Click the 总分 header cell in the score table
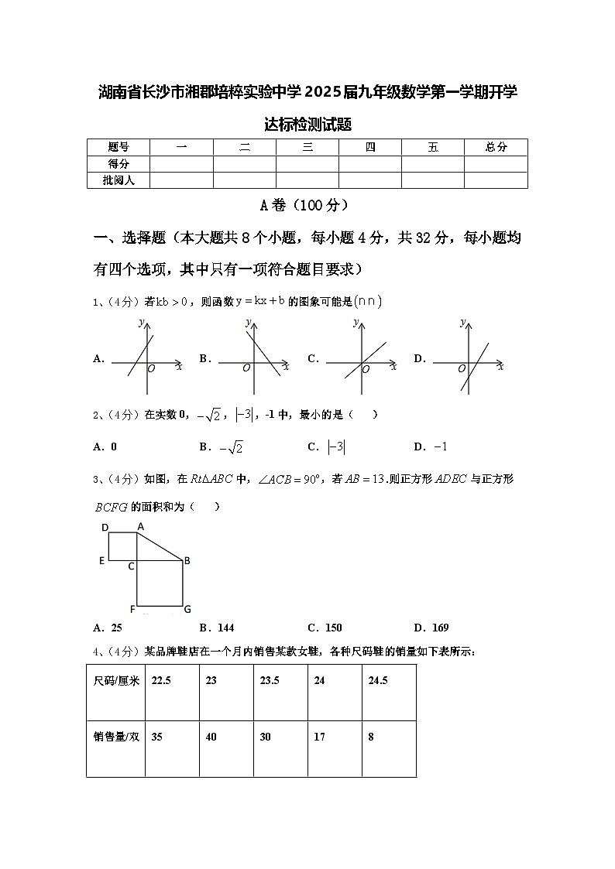pos(496,147)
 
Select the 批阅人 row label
pos(118,180)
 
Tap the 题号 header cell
pos(118,147)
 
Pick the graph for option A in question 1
pos(146,358)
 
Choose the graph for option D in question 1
pos(468,358)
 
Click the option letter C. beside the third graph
pos(314,358)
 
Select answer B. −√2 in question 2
pos(222,446)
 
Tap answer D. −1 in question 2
pos(431,446)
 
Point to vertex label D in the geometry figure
pos(105,528)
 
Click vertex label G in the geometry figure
pos(187,609)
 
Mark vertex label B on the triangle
pos(187,561)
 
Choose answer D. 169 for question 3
pos(431,628)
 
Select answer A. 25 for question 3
pos(108,628)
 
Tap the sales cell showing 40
pos(211,737)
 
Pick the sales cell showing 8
pos(371,737)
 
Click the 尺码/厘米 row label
pos(116,681)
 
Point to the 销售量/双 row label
pos(116,737)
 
